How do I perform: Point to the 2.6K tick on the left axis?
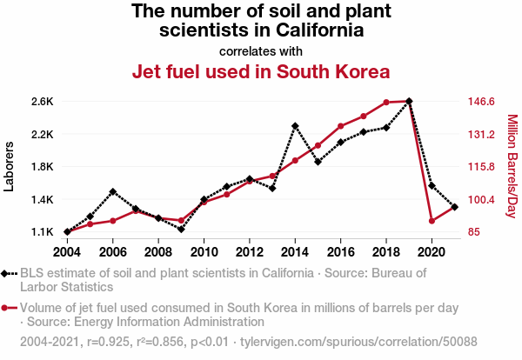[42, 102]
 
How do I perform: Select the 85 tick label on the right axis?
[474, 232]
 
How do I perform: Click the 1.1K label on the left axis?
[42, 232]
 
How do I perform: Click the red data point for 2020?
[432, 221]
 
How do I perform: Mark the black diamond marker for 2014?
[295, 126]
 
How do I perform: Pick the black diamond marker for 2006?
[113, 191]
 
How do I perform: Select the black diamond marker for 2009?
[181, 229]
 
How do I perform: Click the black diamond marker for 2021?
[455, 207]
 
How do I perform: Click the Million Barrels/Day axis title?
[512, 167]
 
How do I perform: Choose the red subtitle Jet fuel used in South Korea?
[260, 71]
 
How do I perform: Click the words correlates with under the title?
[260, 50]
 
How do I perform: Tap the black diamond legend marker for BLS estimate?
[7, 274]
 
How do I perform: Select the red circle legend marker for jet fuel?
[7, 308]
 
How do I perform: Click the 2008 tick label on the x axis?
[158, 252]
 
